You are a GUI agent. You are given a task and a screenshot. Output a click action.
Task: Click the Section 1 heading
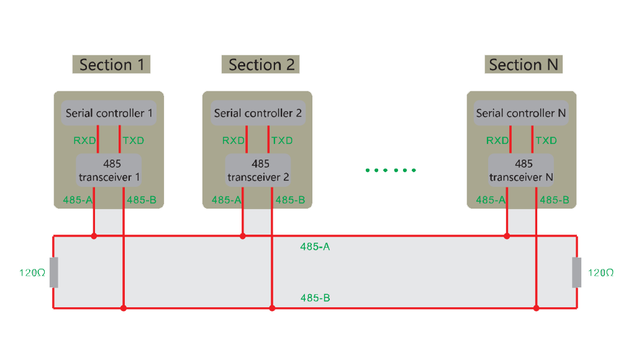click(111, 65)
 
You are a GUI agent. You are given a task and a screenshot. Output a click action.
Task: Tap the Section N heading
click(523, 65)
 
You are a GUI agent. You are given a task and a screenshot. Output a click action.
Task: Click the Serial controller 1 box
click(109, 113)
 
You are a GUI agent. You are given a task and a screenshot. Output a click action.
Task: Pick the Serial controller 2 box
click(258, 113)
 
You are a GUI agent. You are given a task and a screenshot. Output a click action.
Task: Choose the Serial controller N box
click(521, 113)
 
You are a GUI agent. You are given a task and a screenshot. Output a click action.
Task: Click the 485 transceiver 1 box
click(109, 170)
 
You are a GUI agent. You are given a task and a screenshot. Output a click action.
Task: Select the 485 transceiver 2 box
click(258, 170)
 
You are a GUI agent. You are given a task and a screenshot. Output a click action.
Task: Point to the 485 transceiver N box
click(521, 170)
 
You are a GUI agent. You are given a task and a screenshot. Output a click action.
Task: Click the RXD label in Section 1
click(84, 140)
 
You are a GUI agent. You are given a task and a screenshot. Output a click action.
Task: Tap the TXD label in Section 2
click(282, 140)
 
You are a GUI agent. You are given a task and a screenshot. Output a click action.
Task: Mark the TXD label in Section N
click(546, 140)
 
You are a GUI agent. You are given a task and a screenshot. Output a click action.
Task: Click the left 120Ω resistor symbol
click(53, 272)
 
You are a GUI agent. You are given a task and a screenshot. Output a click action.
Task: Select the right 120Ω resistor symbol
click(577, 272)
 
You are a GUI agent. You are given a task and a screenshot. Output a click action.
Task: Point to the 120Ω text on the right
click(601, 272)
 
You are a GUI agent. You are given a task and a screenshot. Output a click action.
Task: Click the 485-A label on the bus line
click(315, 247)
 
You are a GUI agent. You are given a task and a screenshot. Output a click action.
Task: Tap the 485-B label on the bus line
click(315, 298)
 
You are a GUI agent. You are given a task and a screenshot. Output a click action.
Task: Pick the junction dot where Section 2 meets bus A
click(243, 236)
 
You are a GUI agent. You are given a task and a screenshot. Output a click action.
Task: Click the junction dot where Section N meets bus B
click(537, 308)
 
